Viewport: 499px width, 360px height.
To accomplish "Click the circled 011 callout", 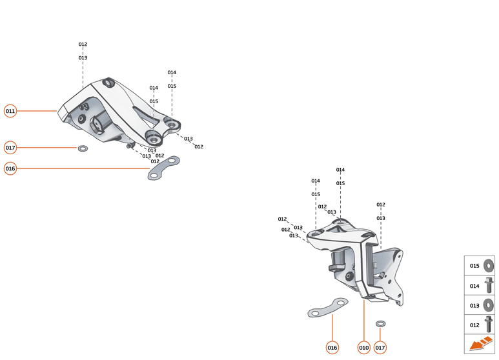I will click(x=10, y=111).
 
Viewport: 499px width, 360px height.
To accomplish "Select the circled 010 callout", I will click(x=363, y=348).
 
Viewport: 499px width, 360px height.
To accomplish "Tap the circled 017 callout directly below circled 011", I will click(x=10, y=148).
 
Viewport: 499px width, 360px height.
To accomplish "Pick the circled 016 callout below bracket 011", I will click(x=10, y=168).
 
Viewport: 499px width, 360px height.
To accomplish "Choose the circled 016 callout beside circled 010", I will click(x=332, y=348).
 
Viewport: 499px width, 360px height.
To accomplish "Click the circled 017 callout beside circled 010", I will click(x=380, y=348).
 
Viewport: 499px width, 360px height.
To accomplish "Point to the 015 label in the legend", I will click(x=474, y=266).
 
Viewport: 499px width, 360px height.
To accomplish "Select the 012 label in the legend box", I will click(x=474, y=325).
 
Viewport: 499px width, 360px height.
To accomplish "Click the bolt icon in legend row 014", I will click(x=489, y=285).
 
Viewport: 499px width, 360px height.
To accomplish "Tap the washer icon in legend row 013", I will click(x=489, y=305).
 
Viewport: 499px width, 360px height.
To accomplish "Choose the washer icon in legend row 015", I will click(x=489, y=266).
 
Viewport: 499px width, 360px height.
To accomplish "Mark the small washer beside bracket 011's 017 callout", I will click(x=83, y=148).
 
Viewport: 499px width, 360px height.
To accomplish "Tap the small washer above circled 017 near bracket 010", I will click(x=380, y=323).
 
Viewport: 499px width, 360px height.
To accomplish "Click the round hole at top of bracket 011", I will click(x=108, y=82).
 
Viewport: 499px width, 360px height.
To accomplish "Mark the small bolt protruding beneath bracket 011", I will click(x=130, y=146).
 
